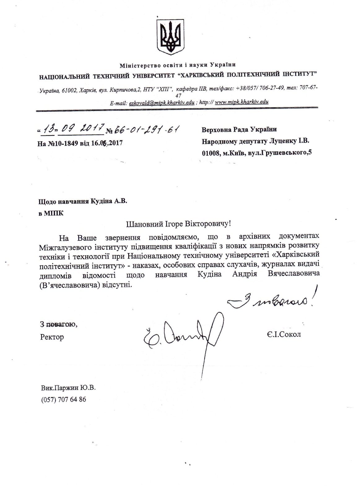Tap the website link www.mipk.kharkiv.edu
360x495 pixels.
[241, 102]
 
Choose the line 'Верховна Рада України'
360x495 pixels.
[239, 130]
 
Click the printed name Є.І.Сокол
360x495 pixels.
[284, 334]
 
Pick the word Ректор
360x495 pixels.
[52, 337]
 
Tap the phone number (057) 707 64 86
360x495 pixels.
[63, 399]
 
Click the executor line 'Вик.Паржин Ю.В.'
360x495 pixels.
[68, 388]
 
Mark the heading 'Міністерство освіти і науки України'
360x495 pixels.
[178, 65]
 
